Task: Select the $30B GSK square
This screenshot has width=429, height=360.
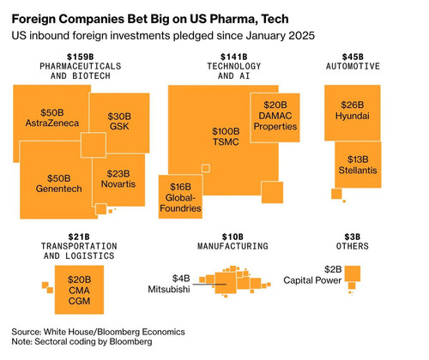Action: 120,122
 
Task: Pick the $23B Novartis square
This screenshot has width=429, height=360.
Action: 118,180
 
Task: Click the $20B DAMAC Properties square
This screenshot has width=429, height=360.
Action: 275,117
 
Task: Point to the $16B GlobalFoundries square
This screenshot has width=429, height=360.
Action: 180,197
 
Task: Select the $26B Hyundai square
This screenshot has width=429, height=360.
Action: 353,112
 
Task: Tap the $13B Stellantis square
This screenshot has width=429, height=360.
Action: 358,165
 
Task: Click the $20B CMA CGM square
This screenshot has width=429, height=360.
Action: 79,290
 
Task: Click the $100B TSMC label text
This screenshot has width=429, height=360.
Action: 226,136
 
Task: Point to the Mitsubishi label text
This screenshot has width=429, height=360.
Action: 169,289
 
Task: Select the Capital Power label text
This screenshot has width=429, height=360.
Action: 312,280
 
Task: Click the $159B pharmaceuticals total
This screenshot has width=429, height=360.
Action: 81,57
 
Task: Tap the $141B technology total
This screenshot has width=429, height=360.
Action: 234,57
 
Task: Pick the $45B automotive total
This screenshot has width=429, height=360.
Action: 353,57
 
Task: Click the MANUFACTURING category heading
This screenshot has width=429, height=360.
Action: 233,246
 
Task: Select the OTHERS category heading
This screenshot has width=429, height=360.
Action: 353,246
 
